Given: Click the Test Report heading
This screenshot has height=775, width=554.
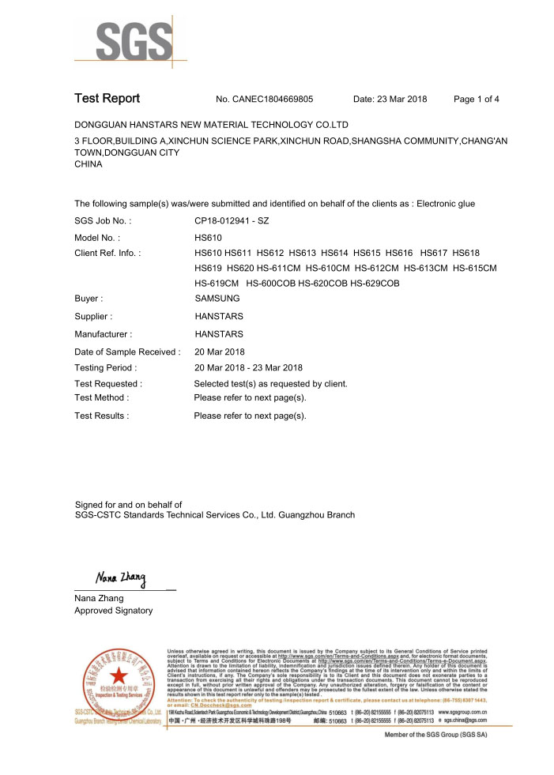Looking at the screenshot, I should click(x=107, y=99).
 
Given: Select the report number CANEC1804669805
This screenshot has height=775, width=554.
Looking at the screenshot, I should click(x=274, y=100).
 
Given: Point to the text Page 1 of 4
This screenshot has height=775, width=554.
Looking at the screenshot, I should click(x=477, y=100).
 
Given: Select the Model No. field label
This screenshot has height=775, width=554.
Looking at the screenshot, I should click(x=96, y=237).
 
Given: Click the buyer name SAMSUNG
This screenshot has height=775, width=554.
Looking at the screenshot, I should click(x=217, y=299).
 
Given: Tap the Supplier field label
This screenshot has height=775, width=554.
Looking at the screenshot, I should click(x=94, y=317).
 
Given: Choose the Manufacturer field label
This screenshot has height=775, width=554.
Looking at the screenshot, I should click(x=103, y=334).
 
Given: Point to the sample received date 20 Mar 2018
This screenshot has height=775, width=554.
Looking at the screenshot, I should click(x=220, y=352).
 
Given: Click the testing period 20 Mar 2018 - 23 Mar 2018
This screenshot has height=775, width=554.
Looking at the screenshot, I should click(x=248, y=367).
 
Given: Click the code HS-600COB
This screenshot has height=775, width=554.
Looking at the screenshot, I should click(x=271, y=283).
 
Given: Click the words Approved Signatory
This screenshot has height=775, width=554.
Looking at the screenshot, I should click(x=113, y=611).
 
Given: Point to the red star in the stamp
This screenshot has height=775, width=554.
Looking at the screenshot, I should click(x=119, y=676).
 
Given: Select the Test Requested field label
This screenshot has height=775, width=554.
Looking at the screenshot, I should click(x=108, y=384).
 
